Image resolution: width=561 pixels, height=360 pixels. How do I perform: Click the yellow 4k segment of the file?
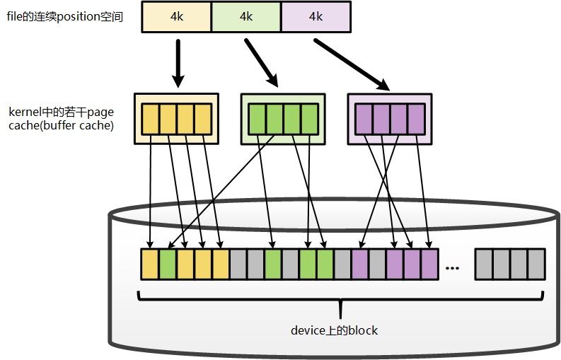coord(176,17)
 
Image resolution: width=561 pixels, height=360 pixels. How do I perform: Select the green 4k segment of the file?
coord(245,17)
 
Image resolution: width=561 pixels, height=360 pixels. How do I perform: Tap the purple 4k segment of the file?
coord(315,17)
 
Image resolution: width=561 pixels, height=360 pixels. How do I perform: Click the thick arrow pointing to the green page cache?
coord(262,62)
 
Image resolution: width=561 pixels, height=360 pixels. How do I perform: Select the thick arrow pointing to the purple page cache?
coord(352,65)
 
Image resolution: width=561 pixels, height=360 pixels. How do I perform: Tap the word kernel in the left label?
coord(24,112)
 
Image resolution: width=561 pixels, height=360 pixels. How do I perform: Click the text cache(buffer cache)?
coord(61,125)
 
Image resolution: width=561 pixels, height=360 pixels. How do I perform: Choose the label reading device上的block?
coord(335,330)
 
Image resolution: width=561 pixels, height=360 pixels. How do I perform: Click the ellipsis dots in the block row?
coord(453,267)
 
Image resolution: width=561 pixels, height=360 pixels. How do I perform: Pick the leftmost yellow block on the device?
coord(150,263)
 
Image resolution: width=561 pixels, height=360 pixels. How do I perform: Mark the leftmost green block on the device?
coord(168,263)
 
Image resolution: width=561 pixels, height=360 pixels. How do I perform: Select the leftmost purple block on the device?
coord(360,263)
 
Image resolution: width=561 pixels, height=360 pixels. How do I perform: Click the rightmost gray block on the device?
coord(536,263)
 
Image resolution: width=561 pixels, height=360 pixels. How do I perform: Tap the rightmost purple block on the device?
coord(429,263)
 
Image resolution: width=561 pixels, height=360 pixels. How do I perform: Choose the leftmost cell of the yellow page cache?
coord(151,120)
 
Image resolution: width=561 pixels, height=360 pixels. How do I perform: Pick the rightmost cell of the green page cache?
coord(309,120)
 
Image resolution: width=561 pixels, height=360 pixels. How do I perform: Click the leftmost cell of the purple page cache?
coord(364,120)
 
